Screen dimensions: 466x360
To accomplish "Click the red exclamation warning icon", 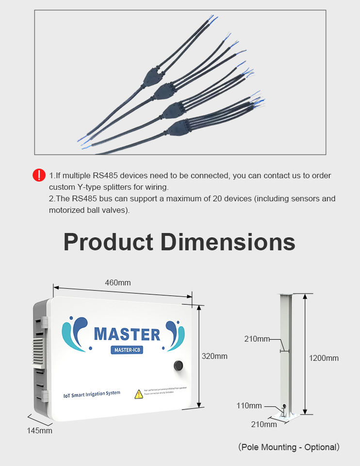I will point(39,175).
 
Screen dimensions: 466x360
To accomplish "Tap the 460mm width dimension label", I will point(117,283).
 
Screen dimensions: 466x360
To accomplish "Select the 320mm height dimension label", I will point(214,356).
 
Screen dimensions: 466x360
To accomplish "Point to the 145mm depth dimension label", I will point(39,431).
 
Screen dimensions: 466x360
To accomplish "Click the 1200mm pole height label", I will point(324,358).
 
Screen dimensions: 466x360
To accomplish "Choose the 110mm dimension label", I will point(249,405).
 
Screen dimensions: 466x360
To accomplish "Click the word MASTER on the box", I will point(127,334).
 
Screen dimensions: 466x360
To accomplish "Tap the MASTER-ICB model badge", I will point(127,350).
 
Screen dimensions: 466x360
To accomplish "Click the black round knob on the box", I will point(178,366).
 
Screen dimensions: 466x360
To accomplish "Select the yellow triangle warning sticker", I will point(139,394).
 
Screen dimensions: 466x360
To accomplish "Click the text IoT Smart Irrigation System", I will point(92,394).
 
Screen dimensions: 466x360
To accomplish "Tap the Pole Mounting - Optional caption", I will point(289,447).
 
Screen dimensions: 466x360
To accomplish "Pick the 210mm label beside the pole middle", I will point(257,339).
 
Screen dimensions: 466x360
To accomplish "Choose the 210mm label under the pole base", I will point(264,424).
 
